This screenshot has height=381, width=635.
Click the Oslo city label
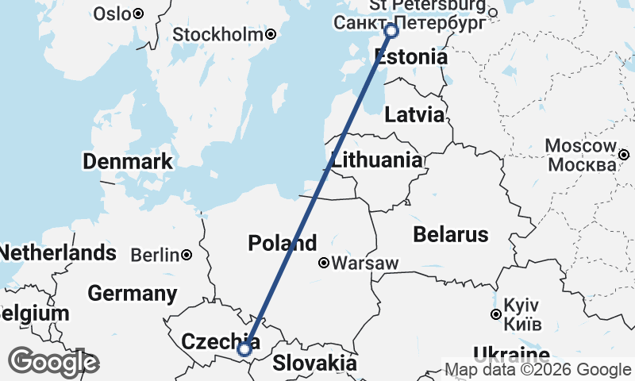(x=111, y=13)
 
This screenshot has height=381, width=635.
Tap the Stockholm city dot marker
(x=271, y=34)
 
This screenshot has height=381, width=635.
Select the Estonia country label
(x=410, y=58)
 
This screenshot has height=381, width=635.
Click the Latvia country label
(x=414, y=114)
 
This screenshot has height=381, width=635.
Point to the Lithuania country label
(x=377, y=160)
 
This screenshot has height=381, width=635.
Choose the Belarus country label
(x=450, y=234)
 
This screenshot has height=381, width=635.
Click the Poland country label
(x=282, y=243)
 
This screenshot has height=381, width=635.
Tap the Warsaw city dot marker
(x=324, y=263)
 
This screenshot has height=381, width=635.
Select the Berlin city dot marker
(x=186, y=255)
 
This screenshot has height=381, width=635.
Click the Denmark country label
(x=127, y=162)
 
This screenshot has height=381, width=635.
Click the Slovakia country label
(x=314, y=364)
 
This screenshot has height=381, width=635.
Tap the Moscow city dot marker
(x=625, y=155)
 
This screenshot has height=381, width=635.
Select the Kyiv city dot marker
(x=496, y=315)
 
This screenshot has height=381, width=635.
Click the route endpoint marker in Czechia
(x=244, y=348)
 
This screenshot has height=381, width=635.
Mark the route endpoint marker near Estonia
(x=391, y=30)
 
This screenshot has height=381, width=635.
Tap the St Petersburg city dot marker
(x=492, y=12)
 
